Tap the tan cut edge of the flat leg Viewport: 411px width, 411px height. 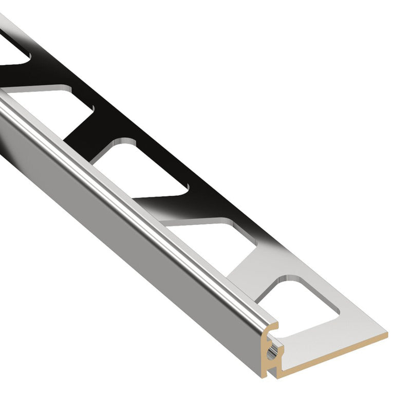click(x=334, y=349)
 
